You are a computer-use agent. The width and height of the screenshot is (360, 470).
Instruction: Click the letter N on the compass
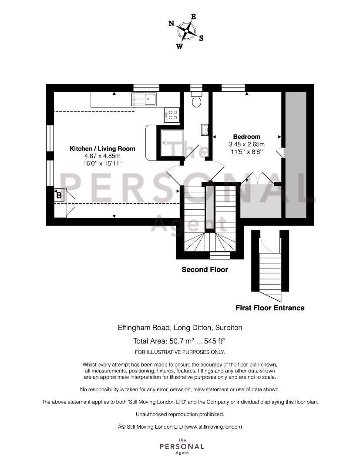172,23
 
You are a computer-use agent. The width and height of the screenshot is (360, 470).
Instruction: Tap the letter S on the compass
201,38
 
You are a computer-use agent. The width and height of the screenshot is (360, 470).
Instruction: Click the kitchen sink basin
150,99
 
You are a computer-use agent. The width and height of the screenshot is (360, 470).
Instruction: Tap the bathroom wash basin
205,130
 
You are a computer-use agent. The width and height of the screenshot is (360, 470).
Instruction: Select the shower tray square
172,143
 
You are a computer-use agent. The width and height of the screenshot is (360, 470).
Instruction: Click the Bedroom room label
247,137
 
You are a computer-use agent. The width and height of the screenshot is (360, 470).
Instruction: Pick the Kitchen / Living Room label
102,149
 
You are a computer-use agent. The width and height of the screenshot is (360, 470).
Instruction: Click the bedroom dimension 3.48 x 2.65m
247,144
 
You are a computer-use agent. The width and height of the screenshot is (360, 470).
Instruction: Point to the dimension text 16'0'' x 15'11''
102,163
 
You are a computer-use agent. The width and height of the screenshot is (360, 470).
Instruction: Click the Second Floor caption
205,269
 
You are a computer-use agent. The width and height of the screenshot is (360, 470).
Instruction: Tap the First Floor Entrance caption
270,308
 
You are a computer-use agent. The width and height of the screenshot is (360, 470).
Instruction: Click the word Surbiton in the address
229,328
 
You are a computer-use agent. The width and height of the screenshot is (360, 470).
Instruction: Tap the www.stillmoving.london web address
213,426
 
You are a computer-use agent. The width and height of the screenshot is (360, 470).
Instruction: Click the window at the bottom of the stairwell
220,255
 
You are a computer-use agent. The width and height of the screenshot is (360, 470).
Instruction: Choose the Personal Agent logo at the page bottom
182,446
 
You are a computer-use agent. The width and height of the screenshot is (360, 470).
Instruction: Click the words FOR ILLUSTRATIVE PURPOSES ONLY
180,352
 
